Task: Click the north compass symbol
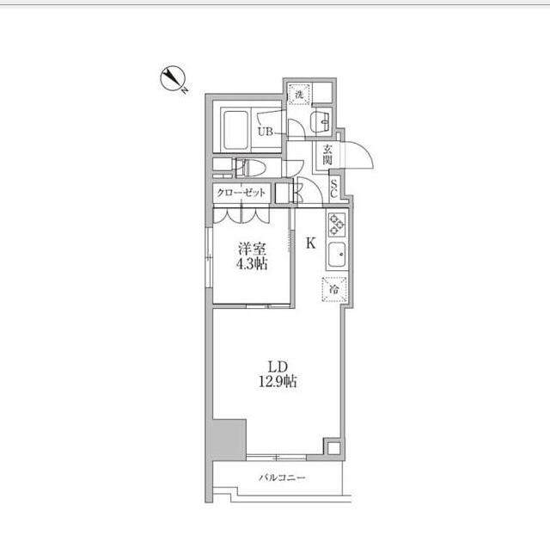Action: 174,78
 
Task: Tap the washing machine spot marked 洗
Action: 299,94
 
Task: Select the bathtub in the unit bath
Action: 235,130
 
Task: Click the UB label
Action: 266,132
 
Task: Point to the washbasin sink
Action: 322,121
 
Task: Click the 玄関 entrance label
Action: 327,155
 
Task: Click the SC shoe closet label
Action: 334,188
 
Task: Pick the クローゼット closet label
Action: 241,193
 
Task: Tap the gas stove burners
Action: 336,225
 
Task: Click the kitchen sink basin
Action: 336,255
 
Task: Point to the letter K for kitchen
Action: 311,243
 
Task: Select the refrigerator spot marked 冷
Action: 334,290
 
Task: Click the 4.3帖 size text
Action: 252,263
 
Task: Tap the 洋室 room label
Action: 252,249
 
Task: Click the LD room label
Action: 278,367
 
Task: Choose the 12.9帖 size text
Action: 278,381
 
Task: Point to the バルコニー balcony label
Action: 283,477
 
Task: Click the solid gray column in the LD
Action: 229,440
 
